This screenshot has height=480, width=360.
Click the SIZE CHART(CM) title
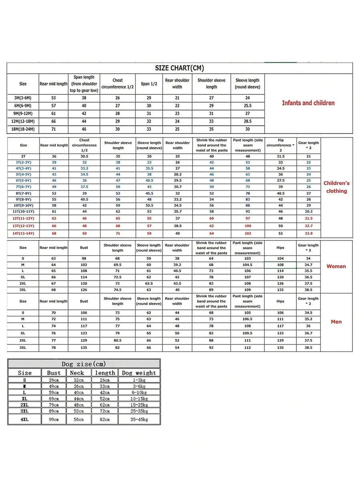(180, 68)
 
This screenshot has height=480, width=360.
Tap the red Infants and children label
(308, 103)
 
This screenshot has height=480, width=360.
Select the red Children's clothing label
(336, 187)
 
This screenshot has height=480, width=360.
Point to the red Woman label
(336, 266)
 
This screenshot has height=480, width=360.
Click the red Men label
(336, 322)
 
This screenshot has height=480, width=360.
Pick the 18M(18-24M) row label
(23, 129)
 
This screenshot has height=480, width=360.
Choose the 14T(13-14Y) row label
(23, 234)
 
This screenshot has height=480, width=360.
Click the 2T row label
(23, 156)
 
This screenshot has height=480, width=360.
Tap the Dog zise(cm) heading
(84, 364)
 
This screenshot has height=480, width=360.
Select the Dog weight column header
(139, 372)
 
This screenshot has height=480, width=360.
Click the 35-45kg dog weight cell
(139, 419)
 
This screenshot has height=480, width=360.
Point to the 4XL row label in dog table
(24, 419)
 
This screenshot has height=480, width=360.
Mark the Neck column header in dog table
(77, 372)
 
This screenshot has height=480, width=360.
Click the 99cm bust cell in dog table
(54, 419)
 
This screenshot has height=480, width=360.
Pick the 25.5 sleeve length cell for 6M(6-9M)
(248, 106)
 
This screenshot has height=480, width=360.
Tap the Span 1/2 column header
(149, 84)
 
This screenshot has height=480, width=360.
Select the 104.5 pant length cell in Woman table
(248, 265)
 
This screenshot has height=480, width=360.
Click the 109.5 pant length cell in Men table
(248, 333)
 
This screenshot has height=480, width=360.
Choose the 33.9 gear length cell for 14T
(308, 234)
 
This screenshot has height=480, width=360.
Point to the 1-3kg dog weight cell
(139, 380)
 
